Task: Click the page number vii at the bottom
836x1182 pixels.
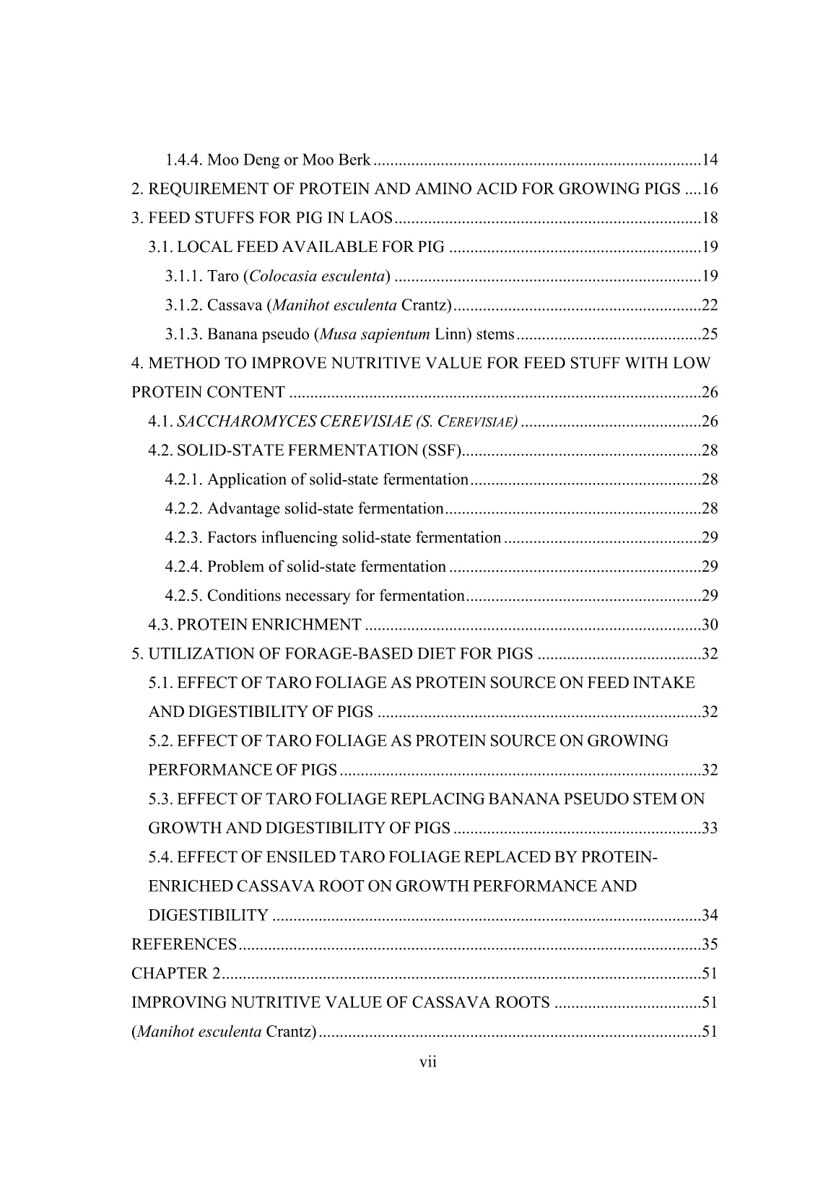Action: tap(429, 1061)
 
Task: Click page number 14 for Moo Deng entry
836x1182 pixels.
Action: tap(710, 160)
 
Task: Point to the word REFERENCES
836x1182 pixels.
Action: tap(184, 944)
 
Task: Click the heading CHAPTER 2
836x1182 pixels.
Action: tap(175, 973)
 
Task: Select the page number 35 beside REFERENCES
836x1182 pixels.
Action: tap(710, 944)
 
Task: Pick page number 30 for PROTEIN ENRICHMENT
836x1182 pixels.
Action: tap(710, 625)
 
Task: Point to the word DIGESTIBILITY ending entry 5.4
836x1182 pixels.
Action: tap(208, 916)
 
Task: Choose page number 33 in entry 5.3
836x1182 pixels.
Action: tap(710, 828)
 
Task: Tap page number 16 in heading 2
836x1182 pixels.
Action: tap(710, 189)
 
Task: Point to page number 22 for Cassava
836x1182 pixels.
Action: tap(710, 305)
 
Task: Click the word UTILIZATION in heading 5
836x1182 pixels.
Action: tap(193, 654)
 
